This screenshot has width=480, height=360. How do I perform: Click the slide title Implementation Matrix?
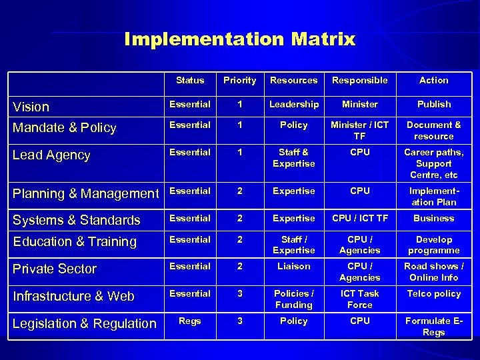[x=240, y=39]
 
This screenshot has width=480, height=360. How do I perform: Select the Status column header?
[x=190, y=80]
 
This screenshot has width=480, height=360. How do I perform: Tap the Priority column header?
[x=239, y=80]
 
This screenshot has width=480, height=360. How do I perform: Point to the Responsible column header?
[x=359, y=80]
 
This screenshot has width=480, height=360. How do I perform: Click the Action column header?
[x=433, y=80]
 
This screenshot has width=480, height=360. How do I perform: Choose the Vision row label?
[x=31, y=107]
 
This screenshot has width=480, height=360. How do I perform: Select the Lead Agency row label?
[x=51, y=155]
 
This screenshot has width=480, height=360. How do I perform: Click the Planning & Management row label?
[x=87, y=193]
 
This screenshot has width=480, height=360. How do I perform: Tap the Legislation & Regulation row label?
[x=85, y=323]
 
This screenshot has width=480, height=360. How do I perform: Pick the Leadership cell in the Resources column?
[x=293, y=104]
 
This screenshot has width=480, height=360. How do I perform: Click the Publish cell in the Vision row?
[x=433, y=104]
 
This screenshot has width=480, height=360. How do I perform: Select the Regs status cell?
[x=190, y=321]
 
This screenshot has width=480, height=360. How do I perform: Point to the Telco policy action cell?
[x=433, y=293]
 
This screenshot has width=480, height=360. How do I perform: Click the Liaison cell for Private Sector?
[x=293, y=266]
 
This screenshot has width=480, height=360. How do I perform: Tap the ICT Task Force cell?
[x=359, y=299]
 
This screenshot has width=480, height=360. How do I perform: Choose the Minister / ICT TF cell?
[x=359, y=130]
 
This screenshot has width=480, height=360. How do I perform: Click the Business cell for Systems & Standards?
[x=433, y=218]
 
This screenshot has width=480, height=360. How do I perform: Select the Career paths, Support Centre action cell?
[x=433, y=163]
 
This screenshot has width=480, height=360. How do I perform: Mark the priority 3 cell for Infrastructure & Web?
[x=239, y=293]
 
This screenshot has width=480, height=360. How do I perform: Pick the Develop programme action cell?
[x=433, y=245]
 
